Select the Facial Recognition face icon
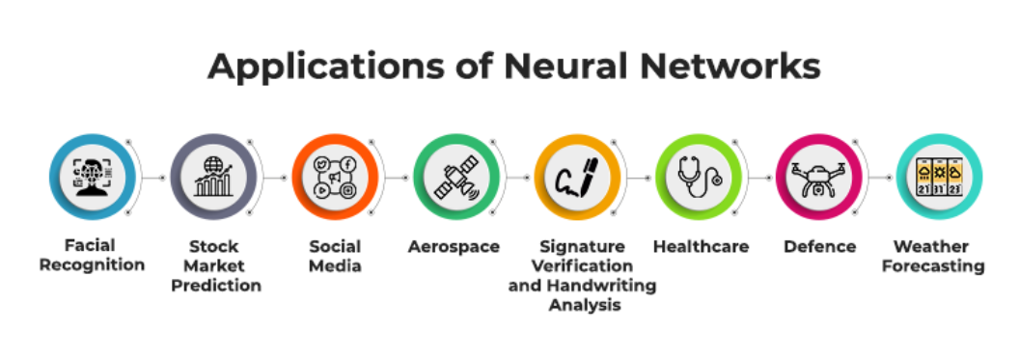pyautogui.click(x=93, y=176)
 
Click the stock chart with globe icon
pyautogui.click(x=214, y=177)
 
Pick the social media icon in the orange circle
pyautogui.click(x=336, y=177)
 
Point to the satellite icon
pyautogui.click(x=456, y=177)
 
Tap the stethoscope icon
pyautogui.click(x=700, y=177)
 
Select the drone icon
pyautogui.click(x=819, y=178)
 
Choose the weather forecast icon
pyautogui.click(x=939, y=177)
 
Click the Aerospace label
pyautogui.click(x=454, y=247)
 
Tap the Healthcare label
pyautogui.click(x=701, y=247)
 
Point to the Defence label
pyautogui.click(x=819, y=247)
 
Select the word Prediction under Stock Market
pyautogui.click(x=216, y=286)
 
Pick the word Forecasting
pyautogui.click(x=933, y=265)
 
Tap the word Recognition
pyautogui.click(x=93, y=265)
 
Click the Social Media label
pyautogui.click(x=335, y=256)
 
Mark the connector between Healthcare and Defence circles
pyautogui.click(x=761, y=178)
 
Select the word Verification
pyautogui.click(x=582, y=265)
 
